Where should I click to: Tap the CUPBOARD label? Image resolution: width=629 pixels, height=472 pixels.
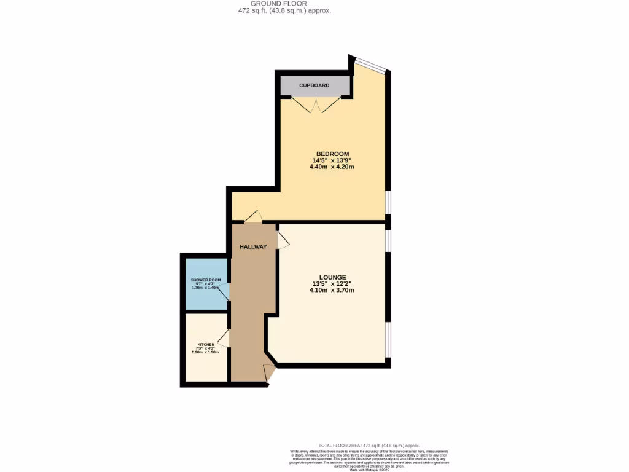click(314, 85)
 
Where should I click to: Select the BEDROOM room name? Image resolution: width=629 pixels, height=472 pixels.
click(332, 154)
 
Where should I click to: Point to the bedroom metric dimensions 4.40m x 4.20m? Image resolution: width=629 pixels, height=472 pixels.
click(332, 167)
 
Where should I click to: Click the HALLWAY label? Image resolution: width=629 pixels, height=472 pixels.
click(253, 247)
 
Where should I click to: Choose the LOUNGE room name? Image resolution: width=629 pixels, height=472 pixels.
click(332, 277)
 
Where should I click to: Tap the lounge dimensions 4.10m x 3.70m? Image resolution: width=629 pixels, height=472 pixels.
click(332, 291)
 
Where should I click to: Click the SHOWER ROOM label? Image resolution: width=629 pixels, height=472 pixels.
click(205, 280)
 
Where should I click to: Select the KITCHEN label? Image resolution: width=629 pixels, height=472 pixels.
click(206, 344)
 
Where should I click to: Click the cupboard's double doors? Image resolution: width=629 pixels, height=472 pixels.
click(315, 106)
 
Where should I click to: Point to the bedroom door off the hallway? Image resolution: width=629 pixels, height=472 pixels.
click(253, 217)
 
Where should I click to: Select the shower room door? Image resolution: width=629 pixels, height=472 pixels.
click(225, 293)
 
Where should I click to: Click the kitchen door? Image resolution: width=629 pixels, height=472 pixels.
click(224, 337)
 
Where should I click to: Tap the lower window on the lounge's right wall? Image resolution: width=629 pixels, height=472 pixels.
click(388, 339)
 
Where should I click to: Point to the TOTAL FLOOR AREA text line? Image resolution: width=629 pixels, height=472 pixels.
click(369, 446)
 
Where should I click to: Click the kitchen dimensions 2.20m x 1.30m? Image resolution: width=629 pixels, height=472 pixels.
click(206, 352)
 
